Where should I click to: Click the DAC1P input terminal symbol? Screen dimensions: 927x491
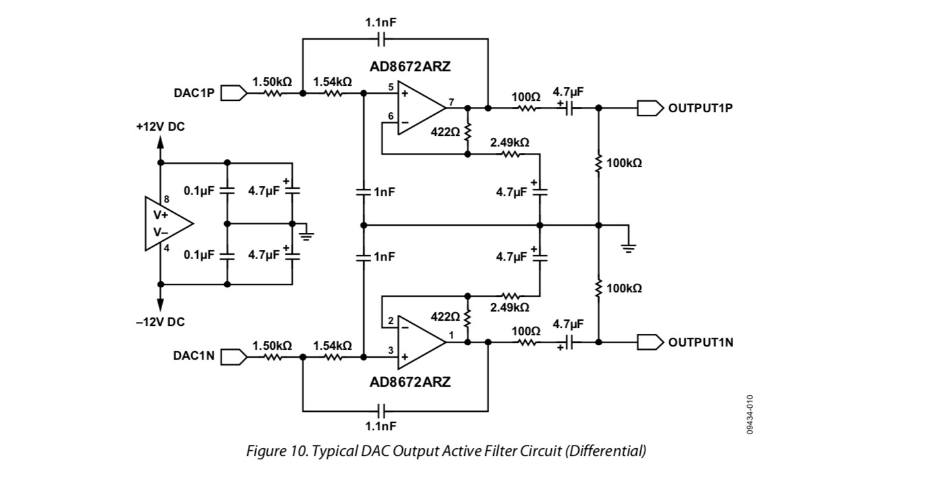click(234, 93)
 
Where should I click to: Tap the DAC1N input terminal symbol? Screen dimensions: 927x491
click(234, 357)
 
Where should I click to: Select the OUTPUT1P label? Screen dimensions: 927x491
click(700, 108)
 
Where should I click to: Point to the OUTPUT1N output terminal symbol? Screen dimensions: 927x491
click(650, 343)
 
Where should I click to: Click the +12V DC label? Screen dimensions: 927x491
click(161, 127)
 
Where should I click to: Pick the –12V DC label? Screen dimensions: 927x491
click(161, 322)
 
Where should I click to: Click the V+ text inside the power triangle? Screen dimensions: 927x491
click(161, 215)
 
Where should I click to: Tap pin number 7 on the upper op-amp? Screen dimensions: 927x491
click(451, 102)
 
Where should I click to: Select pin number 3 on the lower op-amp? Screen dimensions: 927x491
click(391, 350)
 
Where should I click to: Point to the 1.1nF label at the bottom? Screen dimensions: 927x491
click(380, 426)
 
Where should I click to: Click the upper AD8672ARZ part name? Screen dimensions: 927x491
click(409, 67)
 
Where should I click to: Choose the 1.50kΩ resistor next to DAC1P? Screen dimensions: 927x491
click(272, 93)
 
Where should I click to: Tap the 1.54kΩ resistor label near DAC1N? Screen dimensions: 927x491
click(332, 346)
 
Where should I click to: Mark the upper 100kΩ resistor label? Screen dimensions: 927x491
click(624, 163)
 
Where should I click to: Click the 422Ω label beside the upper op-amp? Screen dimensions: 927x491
click(445, 132)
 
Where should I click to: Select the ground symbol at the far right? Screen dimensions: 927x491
click(628, 247)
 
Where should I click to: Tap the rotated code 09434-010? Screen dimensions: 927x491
click(750, 414)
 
